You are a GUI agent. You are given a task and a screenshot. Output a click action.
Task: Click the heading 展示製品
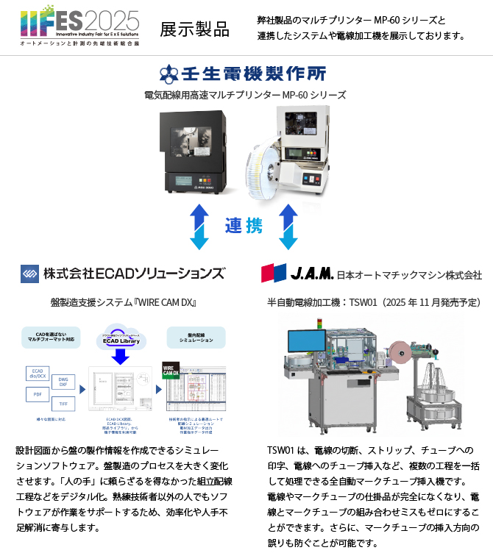(194, 29)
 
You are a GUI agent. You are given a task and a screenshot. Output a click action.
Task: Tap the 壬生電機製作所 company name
(242, 74)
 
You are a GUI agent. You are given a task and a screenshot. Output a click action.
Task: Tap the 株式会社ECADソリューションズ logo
(123, 274)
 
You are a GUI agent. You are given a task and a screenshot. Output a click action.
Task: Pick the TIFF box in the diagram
(64, 404)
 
